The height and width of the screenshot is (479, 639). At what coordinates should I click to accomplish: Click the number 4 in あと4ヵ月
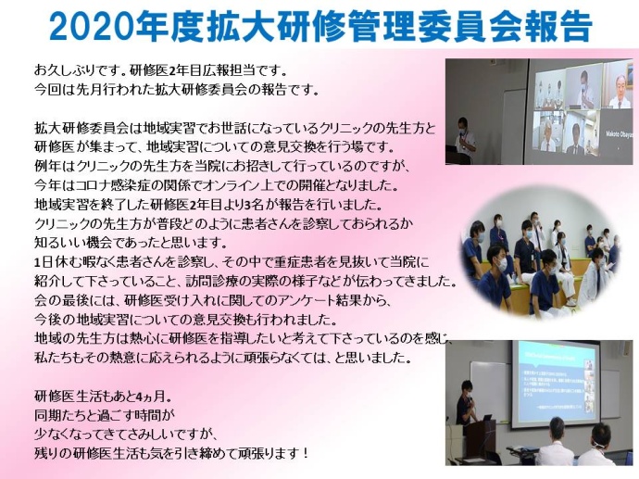139,397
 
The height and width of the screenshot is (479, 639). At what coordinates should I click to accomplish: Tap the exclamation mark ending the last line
307,453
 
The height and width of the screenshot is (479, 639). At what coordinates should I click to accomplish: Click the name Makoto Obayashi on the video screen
620,132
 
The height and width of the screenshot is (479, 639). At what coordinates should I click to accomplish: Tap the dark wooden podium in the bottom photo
481,442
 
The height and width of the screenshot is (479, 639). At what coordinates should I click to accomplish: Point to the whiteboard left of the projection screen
489,391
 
